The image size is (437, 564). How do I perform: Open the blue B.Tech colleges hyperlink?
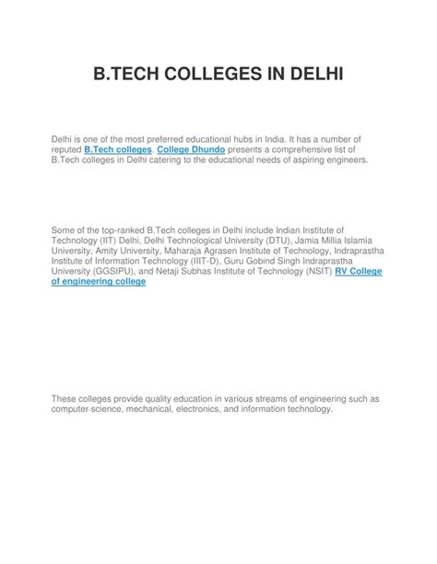[x=118, y=148]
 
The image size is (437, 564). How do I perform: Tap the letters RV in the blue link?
[x=341, y=272]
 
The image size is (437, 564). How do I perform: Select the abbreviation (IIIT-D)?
[x=208, y=260]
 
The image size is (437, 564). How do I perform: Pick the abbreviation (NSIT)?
[x=313, y=272]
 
